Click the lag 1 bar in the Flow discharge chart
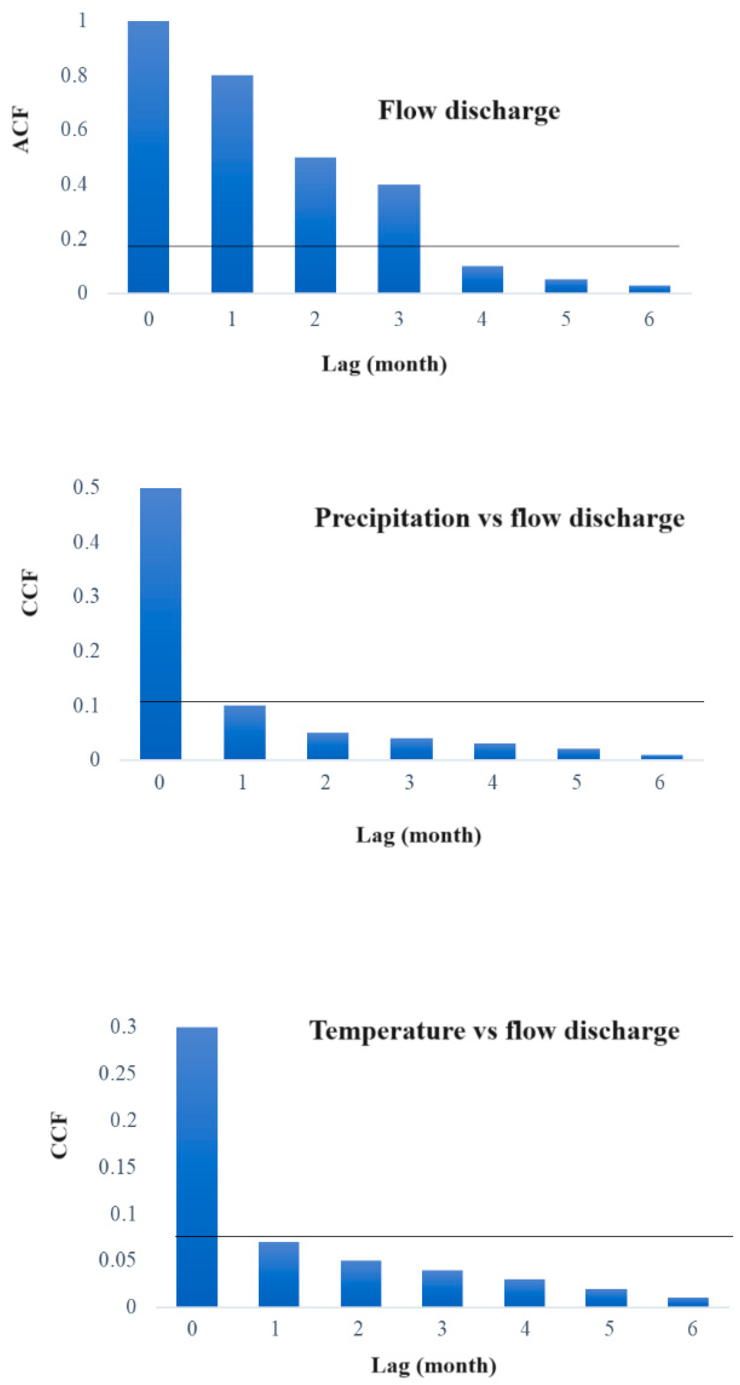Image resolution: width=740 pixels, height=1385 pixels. click(x=232, y=184)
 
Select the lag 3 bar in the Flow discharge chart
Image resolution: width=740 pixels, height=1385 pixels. click(x=399, y=238)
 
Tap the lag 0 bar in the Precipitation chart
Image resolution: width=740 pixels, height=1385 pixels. click(x=160, y=624)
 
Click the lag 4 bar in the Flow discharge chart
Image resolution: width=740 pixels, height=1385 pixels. click(x=482, y=279)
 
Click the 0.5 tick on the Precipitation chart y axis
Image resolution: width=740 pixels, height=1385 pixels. click(x=86, y=487)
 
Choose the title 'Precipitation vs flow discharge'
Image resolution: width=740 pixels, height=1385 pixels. click(x=499, y=518)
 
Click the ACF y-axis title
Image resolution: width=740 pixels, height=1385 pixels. click(x=21, y=130)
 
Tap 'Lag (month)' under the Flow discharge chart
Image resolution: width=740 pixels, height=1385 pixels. click(x=384, y=364)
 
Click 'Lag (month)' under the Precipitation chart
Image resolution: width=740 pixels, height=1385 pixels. click(x=418, y=835)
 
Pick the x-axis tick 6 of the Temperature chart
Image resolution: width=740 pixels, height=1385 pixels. click(x=692, y=1329)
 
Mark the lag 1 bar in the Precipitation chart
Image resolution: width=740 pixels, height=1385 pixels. click(x=244, y=732)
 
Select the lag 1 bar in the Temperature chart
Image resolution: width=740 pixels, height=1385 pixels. click(x=278, y=1274)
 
